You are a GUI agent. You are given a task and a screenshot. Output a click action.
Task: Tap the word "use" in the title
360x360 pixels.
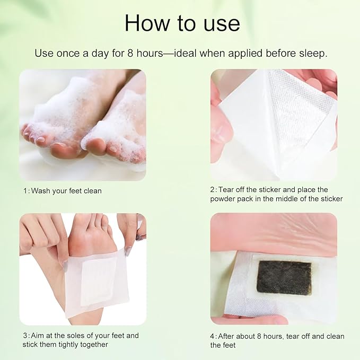pos(221,23)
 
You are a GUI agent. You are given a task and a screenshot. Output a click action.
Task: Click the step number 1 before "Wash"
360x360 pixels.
pos(24,190)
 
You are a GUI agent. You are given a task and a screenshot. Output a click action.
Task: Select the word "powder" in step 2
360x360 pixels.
pos(225,199)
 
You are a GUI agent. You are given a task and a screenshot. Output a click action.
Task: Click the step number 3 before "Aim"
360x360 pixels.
pos(24,335)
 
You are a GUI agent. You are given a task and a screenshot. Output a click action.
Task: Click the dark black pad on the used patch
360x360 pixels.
pos(284,277)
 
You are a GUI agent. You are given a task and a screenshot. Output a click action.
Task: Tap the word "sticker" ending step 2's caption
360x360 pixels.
pos(330,199)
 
